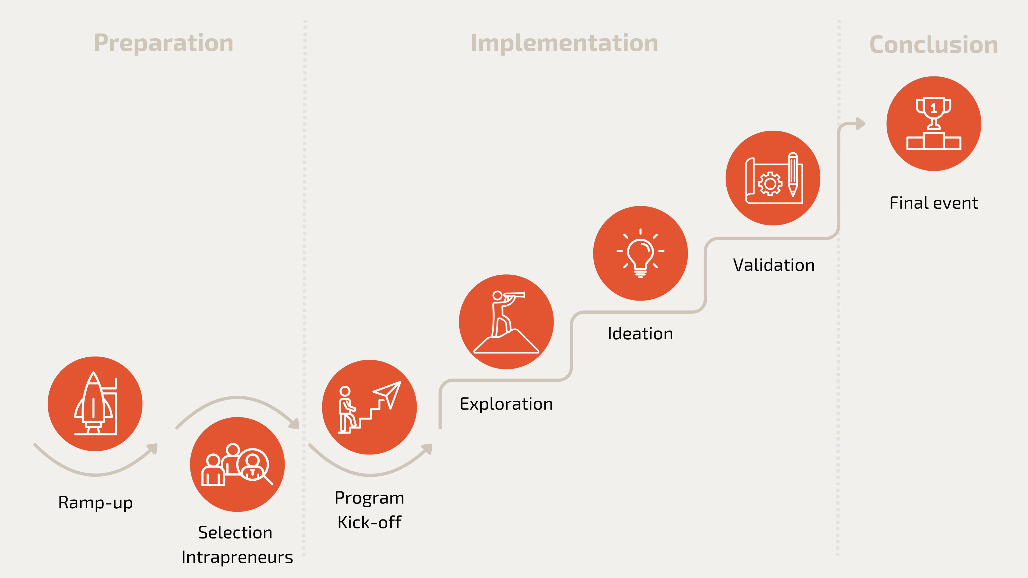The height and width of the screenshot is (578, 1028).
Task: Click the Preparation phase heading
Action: click(163, 43)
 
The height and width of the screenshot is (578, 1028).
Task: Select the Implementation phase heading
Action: click(564, 43)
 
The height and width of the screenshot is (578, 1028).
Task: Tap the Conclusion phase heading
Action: click(933, 45)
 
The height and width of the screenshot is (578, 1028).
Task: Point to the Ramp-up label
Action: click(95, 503)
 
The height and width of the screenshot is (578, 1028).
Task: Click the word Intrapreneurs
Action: click(237, 557)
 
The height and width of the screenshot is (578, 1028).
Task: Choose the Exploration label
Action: click(506, 404)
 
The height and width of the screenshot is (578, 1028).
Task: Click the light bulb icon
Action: click(640, 253)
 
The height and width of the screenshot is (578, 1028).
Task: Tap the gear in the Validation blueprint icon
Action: click(770, 183)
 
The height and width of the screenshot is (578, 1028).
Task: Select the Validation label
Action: click(773, 265)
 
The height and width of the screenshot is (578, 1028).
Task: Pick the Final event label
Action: click(933, 203)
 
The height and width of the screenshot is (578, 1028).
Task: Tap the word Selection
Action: click(235, 533)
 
